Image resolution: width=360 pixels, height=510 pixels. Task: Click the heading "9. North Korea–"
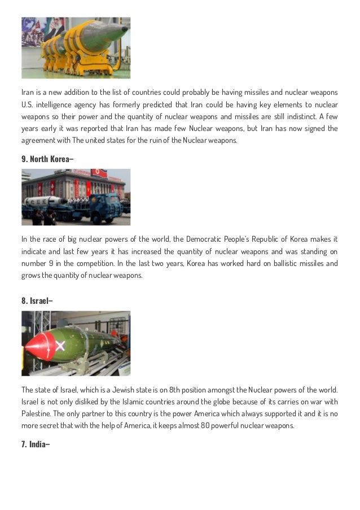coord(47,159)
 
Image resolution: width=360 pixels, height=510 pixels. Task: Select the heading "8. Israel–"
coord(37,300)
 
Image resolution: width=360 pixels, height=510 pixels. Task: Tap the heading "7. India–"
coord(36,444)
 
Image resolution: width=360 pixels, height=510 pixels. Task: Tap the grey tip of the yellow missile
coord(121,28)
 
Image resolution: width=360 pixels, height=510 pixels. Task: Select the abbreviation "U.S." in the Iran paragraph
coord(28,104)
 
